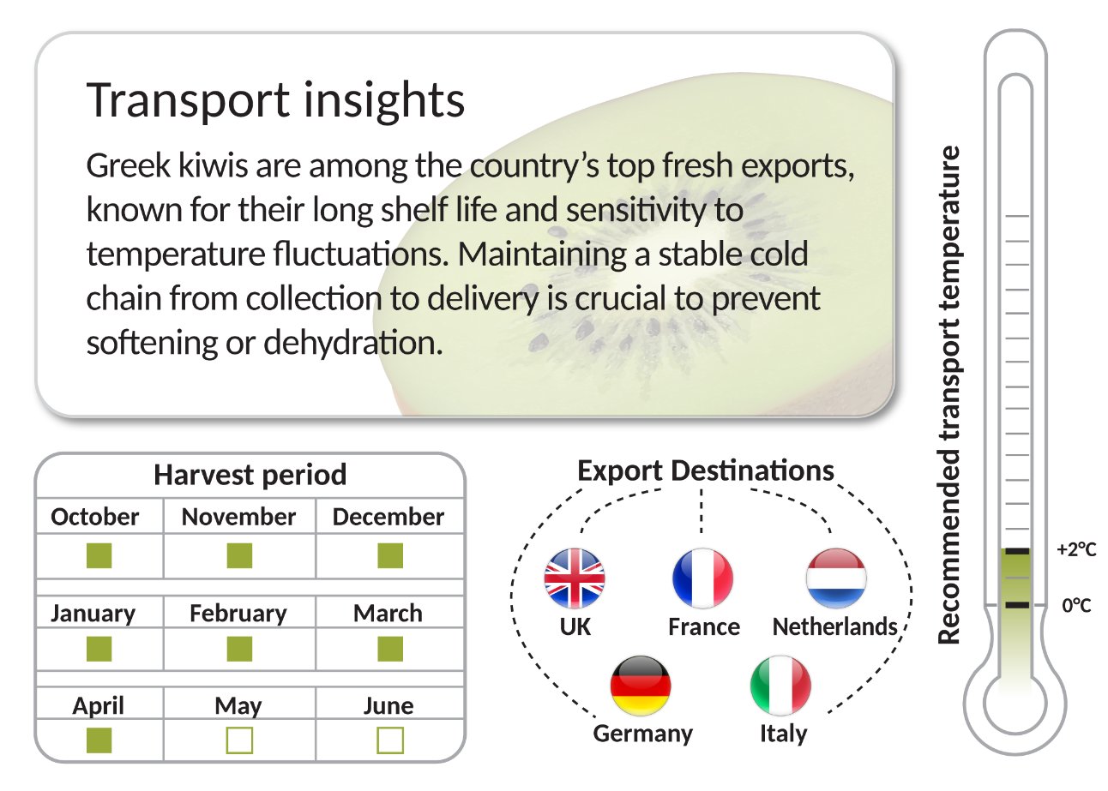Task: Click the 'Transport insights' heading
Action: coord(276,101)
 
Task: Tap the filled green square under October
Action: coord(99,556)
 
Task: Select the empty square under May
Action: coord(239,740)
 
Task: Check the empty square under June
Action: coord(390,740)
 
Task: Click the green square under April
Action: coord(99,740)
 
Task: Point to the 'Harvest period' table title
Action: coord(250,474)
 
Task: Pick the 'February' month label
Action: coord(238,614)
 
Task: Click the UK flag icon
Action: coord(575,578)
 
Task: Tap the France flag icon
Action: coord(703,578)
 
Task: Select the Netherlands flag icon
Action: coord(836,578)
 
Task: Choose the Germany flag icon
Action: coord(641,686)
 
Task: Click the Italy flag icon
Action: coord(780,686)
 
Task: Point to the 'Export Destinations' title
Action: coord(705,470)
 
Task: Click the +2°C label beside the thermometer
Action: coord(1077,549)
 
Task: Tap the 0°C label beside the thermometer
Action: coord(1077,605)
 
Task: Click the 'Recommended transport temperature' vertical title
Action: coord(949,394)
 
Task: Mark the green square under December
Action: coord(390,556)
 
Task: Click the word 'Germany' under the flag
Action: coord(643,734)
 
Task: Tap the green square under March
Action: coord(390,649)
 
